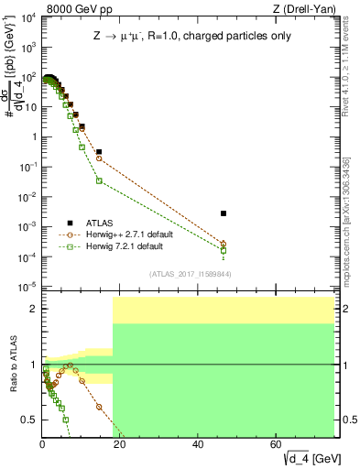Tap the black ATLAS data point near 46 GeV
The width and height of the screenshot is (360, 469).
click(x=224, y=213)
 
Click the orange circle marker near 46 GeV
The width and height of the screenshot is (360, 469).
click(x=224, y=244)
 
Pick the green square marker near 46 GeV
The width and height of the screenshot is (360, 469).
click(x=224, y=250)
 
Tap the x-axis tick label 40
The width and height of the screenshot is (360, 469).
click(x=198, y=444)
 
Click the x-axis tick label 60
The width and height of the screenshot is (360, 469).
click(x=277, y=444)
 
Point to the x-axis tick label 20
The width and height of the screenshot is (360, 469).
click(x=120, y=444)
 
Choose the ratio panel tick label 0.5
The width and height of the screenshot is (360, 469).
click(x=28, y=420)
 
